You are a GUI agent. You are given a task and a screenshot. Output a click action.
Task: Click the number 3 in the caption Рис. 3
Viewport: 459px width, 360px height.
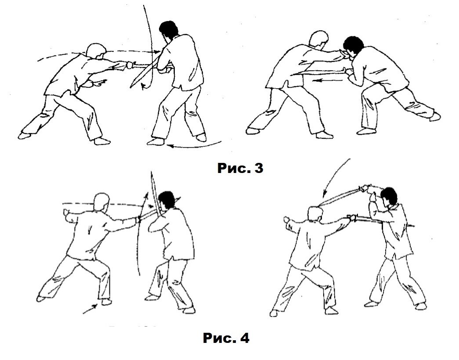257,168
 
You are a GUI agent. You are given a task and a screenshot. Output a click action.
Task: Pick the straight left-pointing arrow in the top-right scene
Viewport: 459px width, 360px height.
323,79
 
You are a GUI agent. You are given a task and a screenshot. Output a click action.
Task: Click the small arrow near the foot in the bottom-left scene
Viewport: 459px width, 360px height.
90,309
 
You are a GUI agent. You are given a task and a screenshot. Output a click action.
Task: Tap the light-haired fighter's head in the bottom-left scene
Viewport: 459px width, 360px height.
101,202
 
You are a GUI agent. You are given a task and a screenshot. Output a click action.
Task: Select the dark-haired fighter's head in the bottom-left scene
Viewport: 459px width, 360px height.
166,201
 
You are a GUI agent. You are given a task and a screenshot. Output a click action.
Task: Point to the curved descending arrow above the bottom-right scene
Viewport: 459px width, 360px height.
334,176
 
